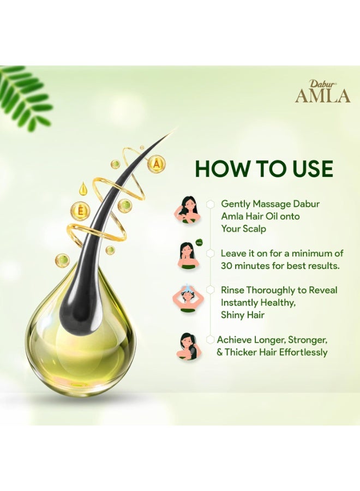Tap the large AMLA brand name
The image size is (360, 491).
click(x=323, y=95)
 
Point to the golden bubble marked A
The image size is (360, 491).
click(x=157, y=163)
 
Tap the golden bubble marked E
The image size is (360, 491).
click(x=79, y=211)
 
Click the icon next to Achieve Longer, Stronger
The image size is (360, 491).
click(x=188, y=346)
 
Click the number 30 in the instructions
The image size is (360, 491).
click(x=228, y=266)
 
